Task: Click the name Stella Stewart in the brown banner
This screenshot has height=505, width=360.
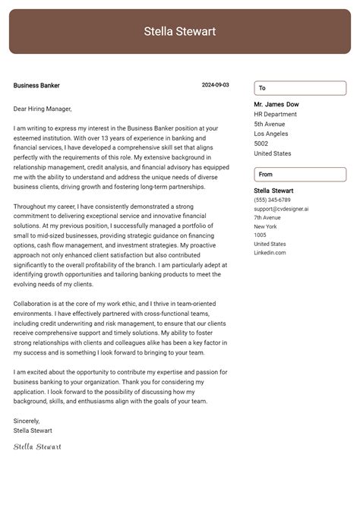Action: click(180, 31)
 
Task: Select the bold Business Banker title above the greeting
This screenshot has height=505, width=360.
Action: click(36, 86)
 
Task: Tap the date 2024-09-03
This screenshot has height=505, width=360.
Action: click(215, 86)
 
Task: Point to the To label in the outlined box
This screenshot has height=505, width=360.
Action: click(262, 88)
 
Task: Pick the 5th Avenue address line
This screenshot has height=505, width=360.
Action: click(270, 124)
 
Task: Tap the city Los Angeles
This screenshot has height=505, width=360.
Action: click(271, 134)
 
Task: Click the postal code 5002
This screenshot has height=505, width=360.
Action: click(261, 144)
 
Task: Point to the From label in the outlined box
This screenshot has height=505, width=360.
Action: click(266, 175)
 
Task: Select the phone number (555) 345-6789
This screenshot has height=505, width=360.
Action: click(272, 200)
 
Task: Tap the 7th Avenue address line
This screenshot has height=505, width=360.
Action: click(267, 217)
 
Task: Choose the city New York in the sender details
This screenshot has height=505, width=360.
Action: click(265, 226)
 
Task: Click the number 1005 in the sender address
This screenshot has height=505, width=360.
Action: click(260, 235)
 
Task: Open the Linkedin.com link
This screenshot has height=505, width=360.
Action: click(270, 252)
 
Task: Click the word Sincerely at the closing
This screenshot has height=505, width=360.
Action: click(27, 420)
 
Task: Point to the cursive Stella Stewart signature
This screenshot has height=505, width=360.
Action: click(37, 447)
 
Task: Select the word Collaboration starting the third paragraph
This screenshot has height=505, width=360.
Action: click(33, 303)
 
